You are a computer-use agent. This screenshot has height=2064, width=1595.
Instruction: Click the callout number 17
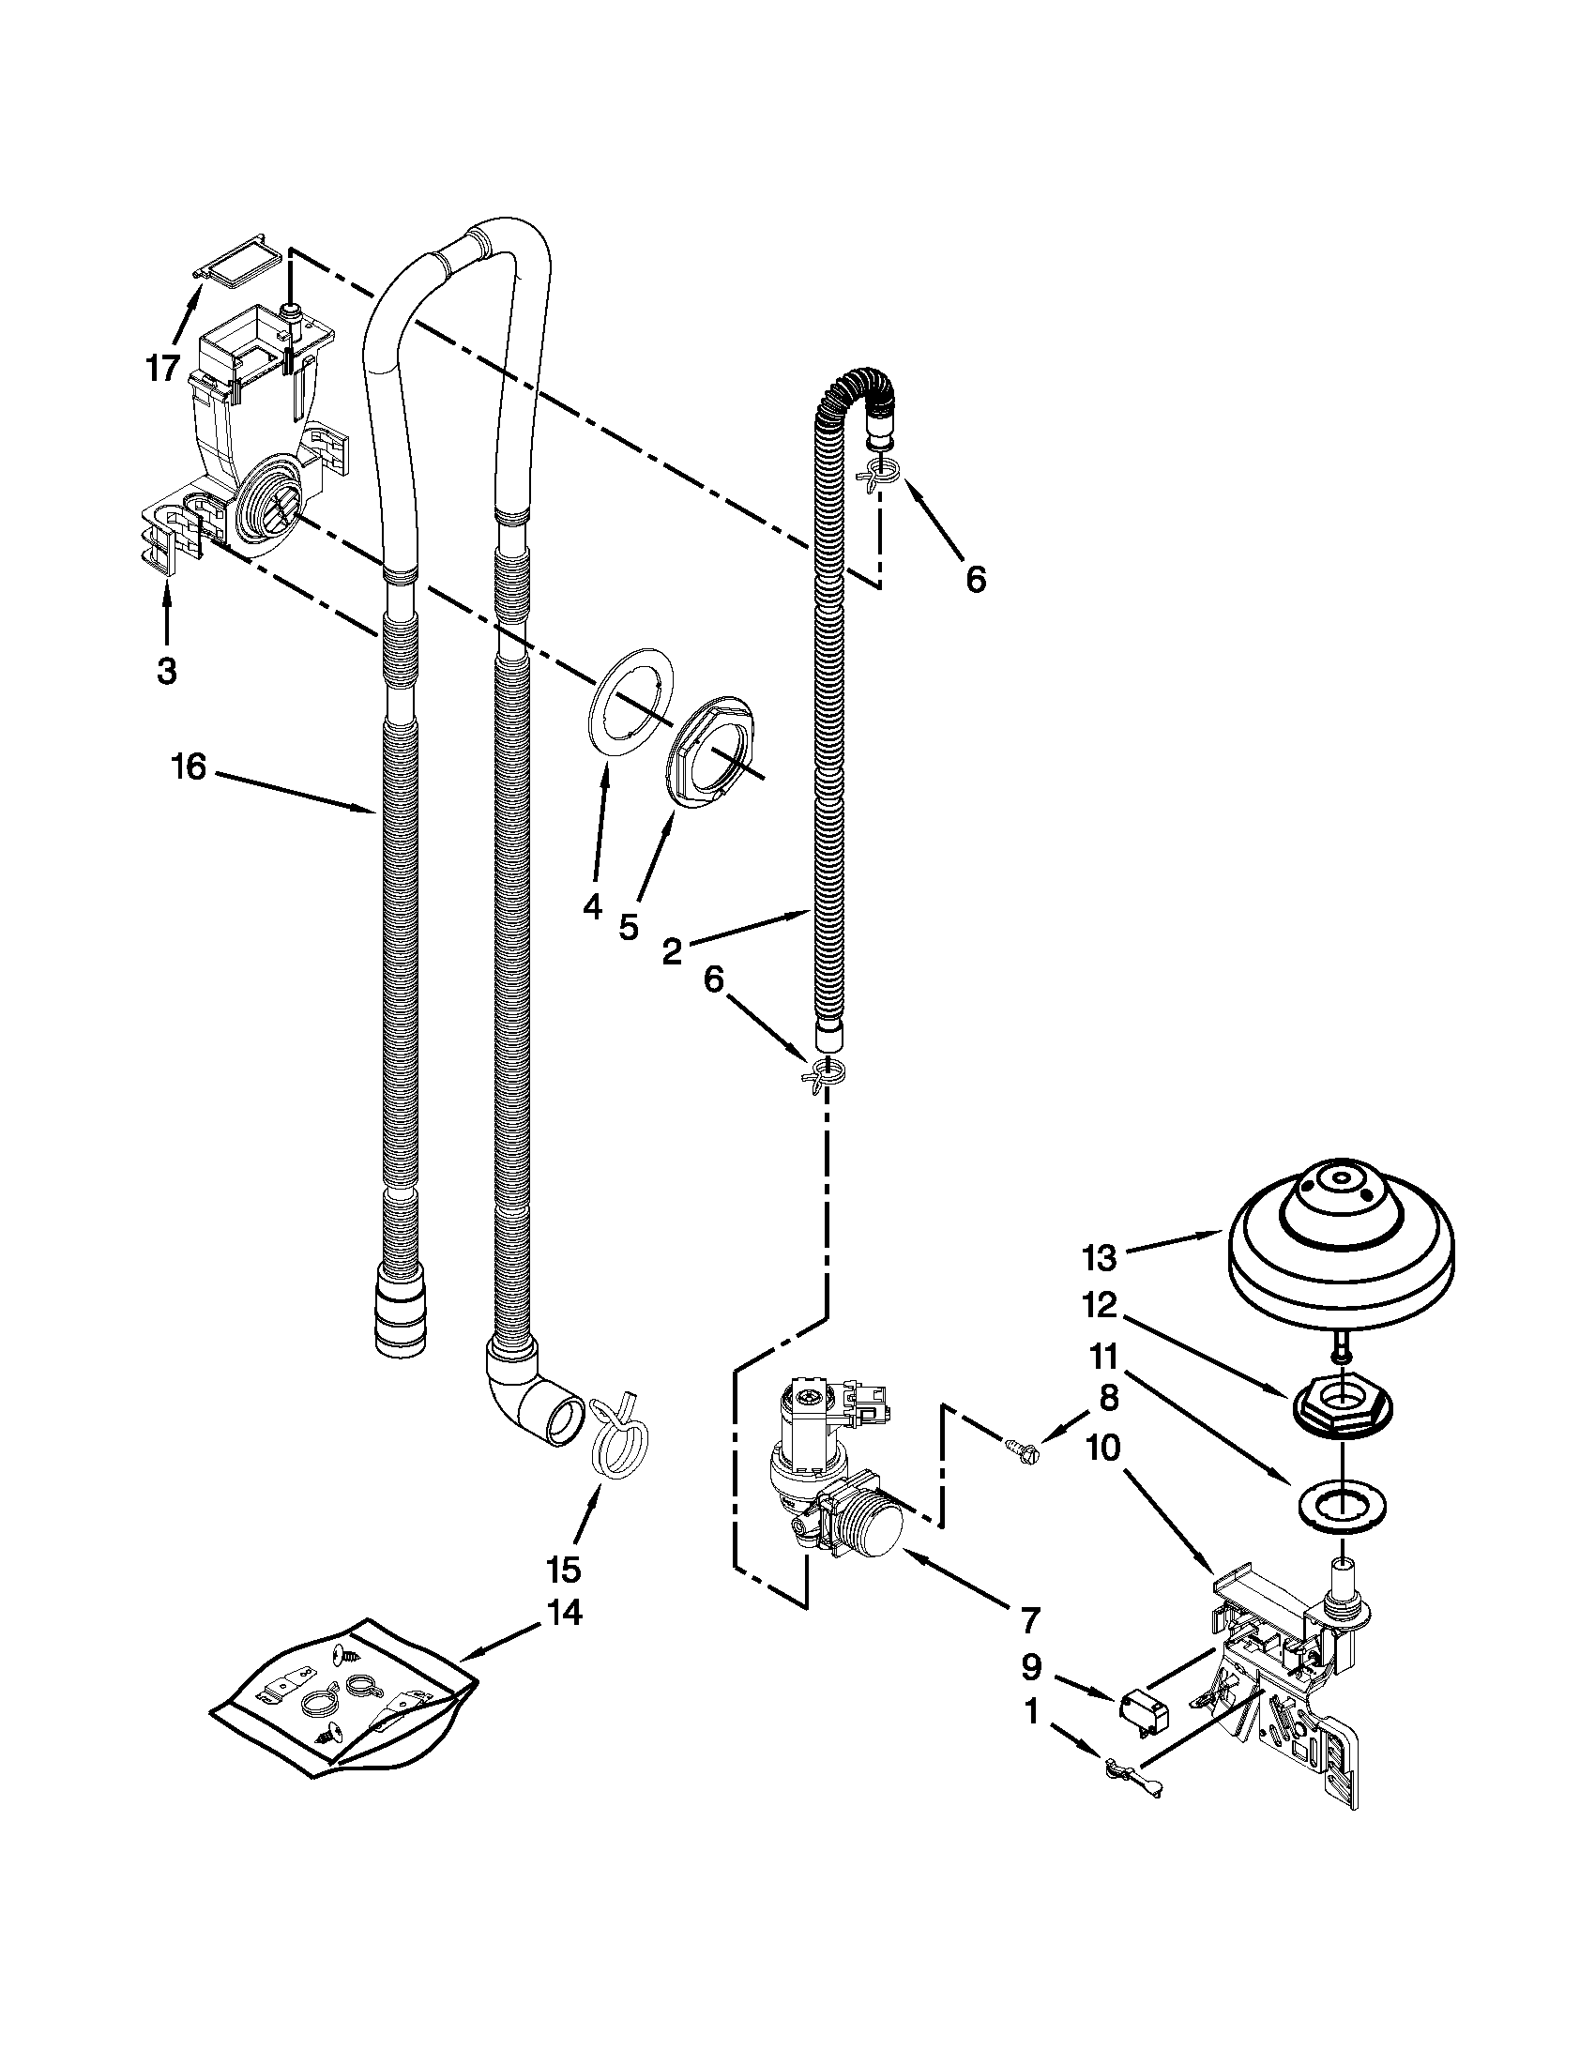pyautogui.click(x=162, y=367)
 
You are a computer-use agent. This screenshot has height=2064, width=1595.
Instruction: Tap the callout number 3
pyautogui.click(x=166, y=672)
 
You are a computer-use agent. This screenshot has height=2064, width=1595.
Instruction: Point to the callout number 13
pyautogui.click(x=1101, y=1258)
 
